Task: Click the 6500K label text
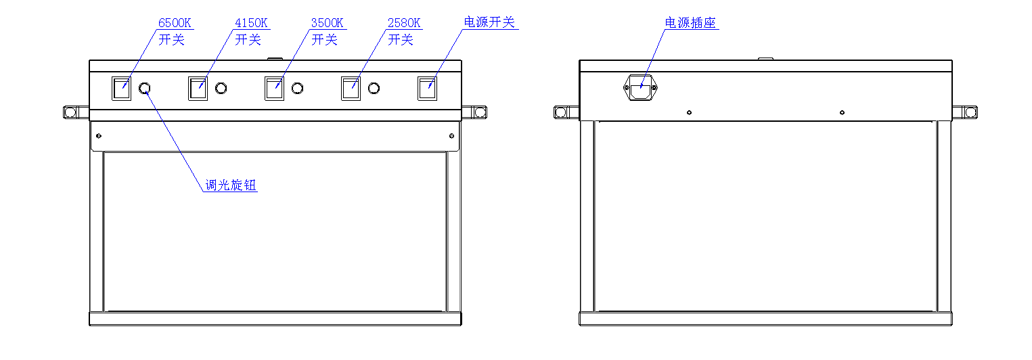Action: click(175, 23)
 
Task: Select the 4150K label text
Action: click(251, 23)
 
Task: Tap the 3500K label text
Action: click(328, 23)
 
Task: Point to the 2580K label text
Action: click(404, 23)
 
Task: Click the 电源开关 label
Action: click(489, 22)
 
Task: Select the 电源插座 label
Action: click(690, 23)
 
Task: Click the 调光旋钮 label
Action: click(231, 185)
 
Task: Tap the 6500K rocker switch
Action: click(121, 89)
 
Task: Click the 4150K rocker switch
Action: click(198, 89)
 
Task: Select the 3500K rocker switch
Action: click(274, 89)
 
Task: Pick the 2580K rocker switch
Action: click(351, 89)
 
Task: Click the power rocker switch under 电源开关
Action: click(427, 89)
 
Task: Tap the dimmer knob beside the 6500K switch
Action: click(144, 89)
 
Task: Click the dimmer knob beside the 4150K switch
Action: click(221, 89)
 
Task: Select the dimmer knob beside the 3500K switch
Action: click(297, 89)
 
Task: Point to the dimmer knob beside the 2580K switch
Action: click(374, 89)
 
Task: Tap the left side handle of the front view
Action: click(72, 112)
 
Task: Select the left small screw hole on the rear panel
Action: click(689, 112)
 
